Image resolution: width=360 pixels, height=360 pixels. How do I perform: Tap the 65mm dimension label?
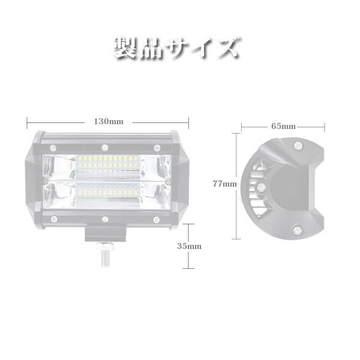pos(283,127)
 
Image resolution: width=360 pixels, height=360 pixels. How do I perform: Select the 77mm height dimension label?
pos(225,184)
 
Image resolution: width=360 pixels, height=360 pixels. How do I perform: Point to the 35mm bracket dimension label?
pos(190,246)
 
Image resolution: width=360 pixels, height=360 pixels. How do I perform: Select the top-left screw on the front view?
pos(53,148)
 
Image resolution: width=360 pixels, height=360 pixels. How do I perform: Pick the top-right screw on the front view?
pos(155,148)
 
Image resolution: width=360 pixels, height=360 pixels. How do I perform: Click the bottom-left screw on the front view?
pos(53,218)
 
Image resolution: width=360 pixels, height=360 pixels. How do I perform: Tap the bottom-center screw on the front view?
pos(104,220)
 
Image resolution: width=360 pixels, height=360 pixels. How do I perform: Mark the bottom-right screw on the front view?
pos(155,218)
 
